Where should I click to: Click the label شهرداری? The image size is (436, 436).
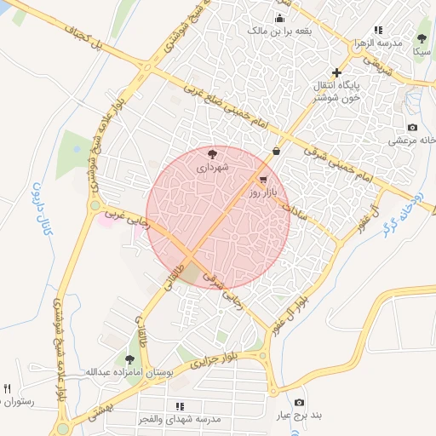coord(212,168)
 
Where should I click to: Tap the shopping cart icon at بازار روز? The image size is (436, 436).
coord(263,180)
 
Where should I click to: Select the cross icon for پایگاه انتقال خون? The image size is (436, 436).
coord(337,72)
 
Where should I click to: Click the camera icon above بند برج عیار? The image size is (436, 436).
coord(298,402)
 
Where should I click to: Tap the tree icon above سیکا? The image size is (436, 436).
coord(421,37)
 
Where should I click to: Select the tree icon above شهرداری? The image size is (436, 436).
coord(212,154)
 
